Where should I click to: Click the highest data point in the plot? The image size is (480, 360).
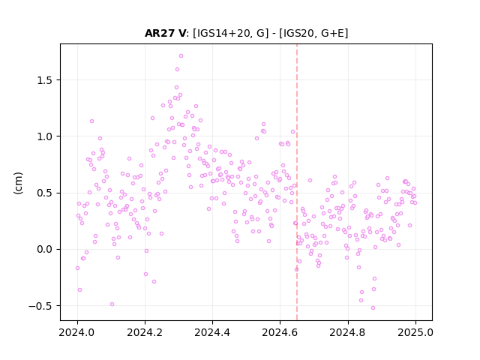click(x=181, y=55)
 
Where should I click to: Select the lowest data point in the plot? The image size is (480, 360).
click(x=373, y=307)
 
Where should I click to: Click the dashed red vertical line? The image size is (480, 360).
click(x=297, y=182)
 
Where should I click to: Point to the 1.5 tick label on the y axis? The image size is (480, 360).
click(x=45, y=80)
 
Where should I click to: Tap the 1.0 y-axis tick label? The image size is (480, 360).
click(x=45, y=136)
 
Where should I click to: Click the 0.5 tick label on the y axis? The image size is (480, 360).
click(x=45, y=193)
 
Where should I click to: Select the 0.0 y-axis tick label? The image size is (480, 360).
click(x=45, y=249)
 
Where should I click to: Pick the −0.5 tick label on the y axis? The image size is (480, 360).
click(x=40, y=306)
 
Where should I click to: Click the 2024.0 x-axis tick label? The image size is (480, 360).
click(x=77, y=332)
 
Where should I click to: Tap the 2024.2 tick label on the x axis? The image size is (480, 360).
click(x=145, y=332)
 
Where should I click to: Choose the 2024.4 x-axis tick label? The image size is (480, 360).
click(x=212, y=332)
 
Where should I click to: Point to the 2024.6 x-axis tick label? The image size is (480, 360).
click(x=280, y=332)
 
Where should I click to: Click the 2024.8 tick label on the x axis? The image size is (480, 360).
click(x=347, y=332)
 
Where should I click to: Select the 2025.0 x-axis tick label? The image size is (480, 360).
click(x=415, y=332)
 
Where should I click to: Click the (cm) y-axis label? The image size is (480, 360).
click(x=18, y=183)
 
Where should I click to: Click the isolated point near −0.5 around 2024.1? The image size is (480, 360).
click(x=112, y=304)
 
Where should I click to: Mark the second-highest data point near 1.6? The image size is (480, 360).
click(x=177, y=70)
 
